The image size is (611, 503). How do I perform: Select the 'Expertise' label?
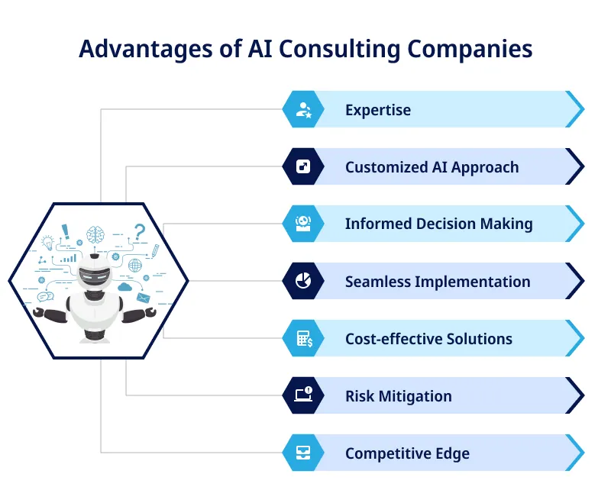tap(377, 110)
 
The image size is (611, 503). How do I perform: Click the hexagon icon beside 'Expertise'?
tap(303, 109)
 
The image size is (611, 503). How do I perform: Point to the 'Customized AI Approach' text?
tap(432, 167)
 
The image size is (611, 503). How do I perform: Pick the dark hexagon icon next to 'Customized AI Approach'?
tap(303, 166)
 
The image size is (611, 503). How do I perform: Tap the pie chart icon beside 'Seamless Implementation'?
tap(303, 281)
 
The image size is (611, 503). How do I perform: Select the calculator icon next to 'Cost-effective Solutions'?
tap(303, 338)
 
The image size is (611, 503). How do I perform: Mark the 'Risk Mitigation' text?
tap(398, 396)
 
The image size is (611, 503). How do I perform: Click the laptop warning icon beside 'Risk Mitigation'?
tap(303, 395)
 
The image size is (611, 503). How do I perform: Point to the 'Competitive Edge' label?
tap(407, 453)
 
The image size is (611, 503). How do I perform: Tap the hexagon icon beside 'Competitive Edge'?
tap(303, 453)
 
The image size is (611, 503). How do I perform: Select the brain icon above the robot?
tap(95, 234)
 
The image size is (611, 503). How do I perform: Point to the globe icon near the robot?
tap(135, 265)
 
